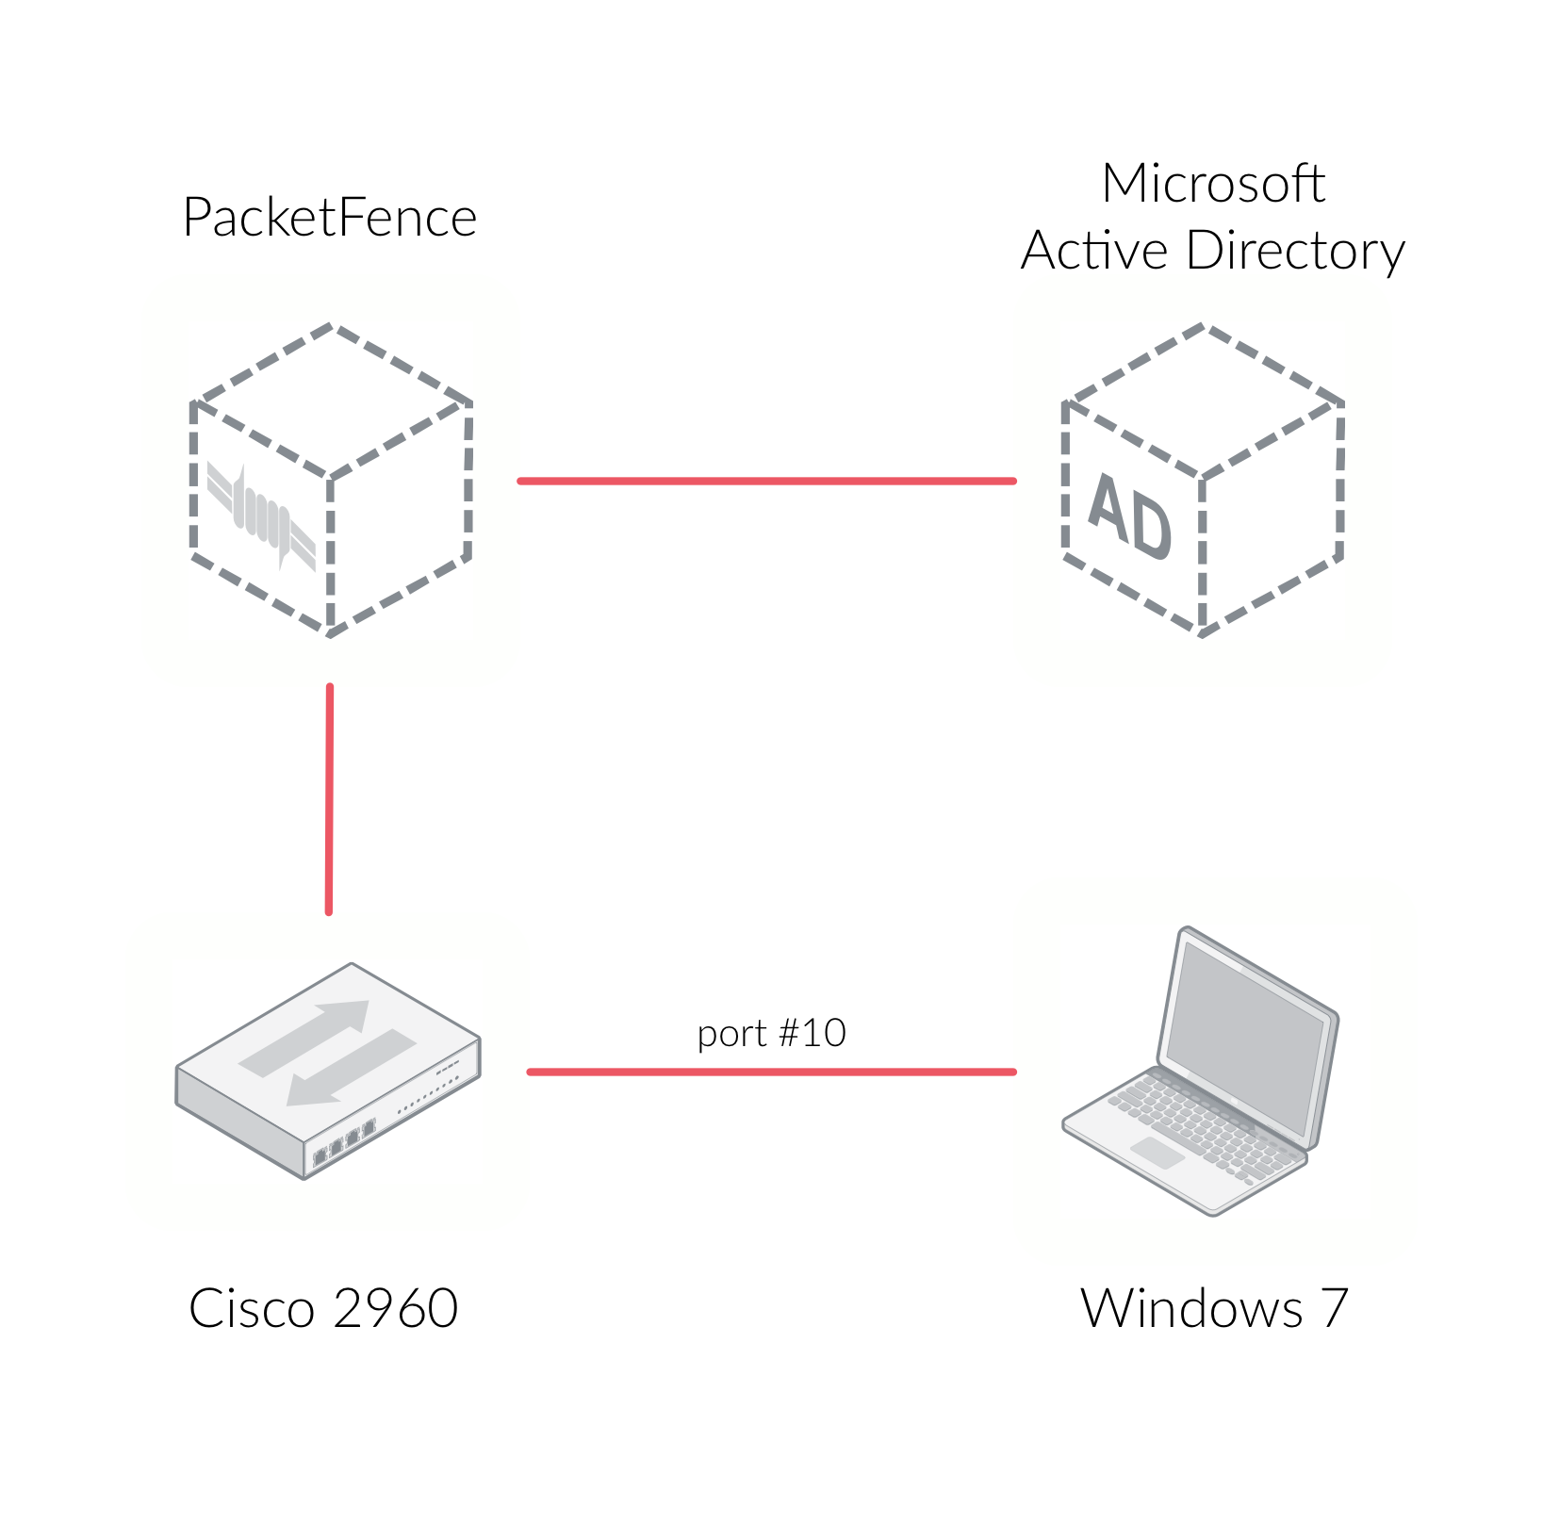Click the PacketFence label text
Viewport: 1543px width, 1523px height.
point(329,218)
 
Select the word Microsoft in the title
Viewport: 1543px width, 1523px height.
point(1212,183)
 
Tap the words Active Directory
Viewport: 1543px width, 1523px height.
point(1212,251)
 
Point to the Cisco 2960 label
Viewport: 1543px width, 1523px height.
point(323,1308)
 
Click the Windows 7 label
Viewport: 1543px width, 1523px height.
point(1214,1308)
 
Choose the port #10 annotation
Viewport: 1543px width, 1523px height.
point(771,1033)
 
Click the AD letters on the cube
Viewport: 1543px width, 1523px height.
point(1129,516)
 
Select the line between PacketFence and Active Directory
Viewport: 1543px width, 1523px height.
point(766,481)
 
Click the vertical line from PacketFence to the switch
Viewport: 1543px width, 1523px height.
point(329,799)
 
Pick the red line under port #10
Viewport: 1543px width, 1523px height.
point(771,1072)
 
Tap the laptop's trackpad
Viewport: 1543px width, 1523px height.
point(1157,1152)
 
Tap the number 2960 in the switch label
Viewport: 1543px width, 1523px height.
point(396,1308)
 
